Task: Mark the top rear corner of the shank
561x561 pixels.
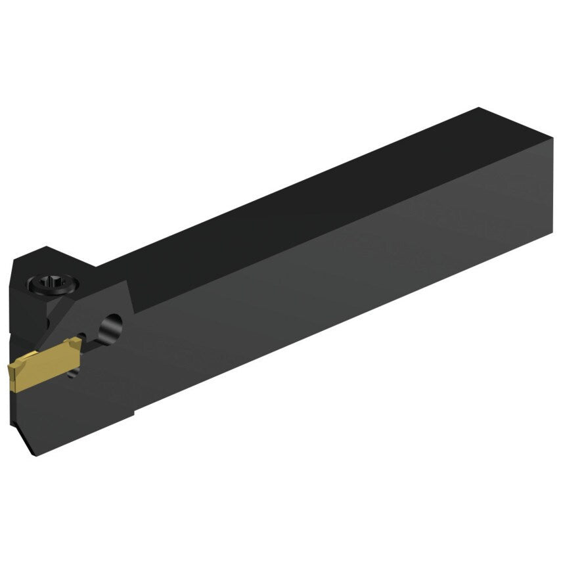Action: pos(480,109)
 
